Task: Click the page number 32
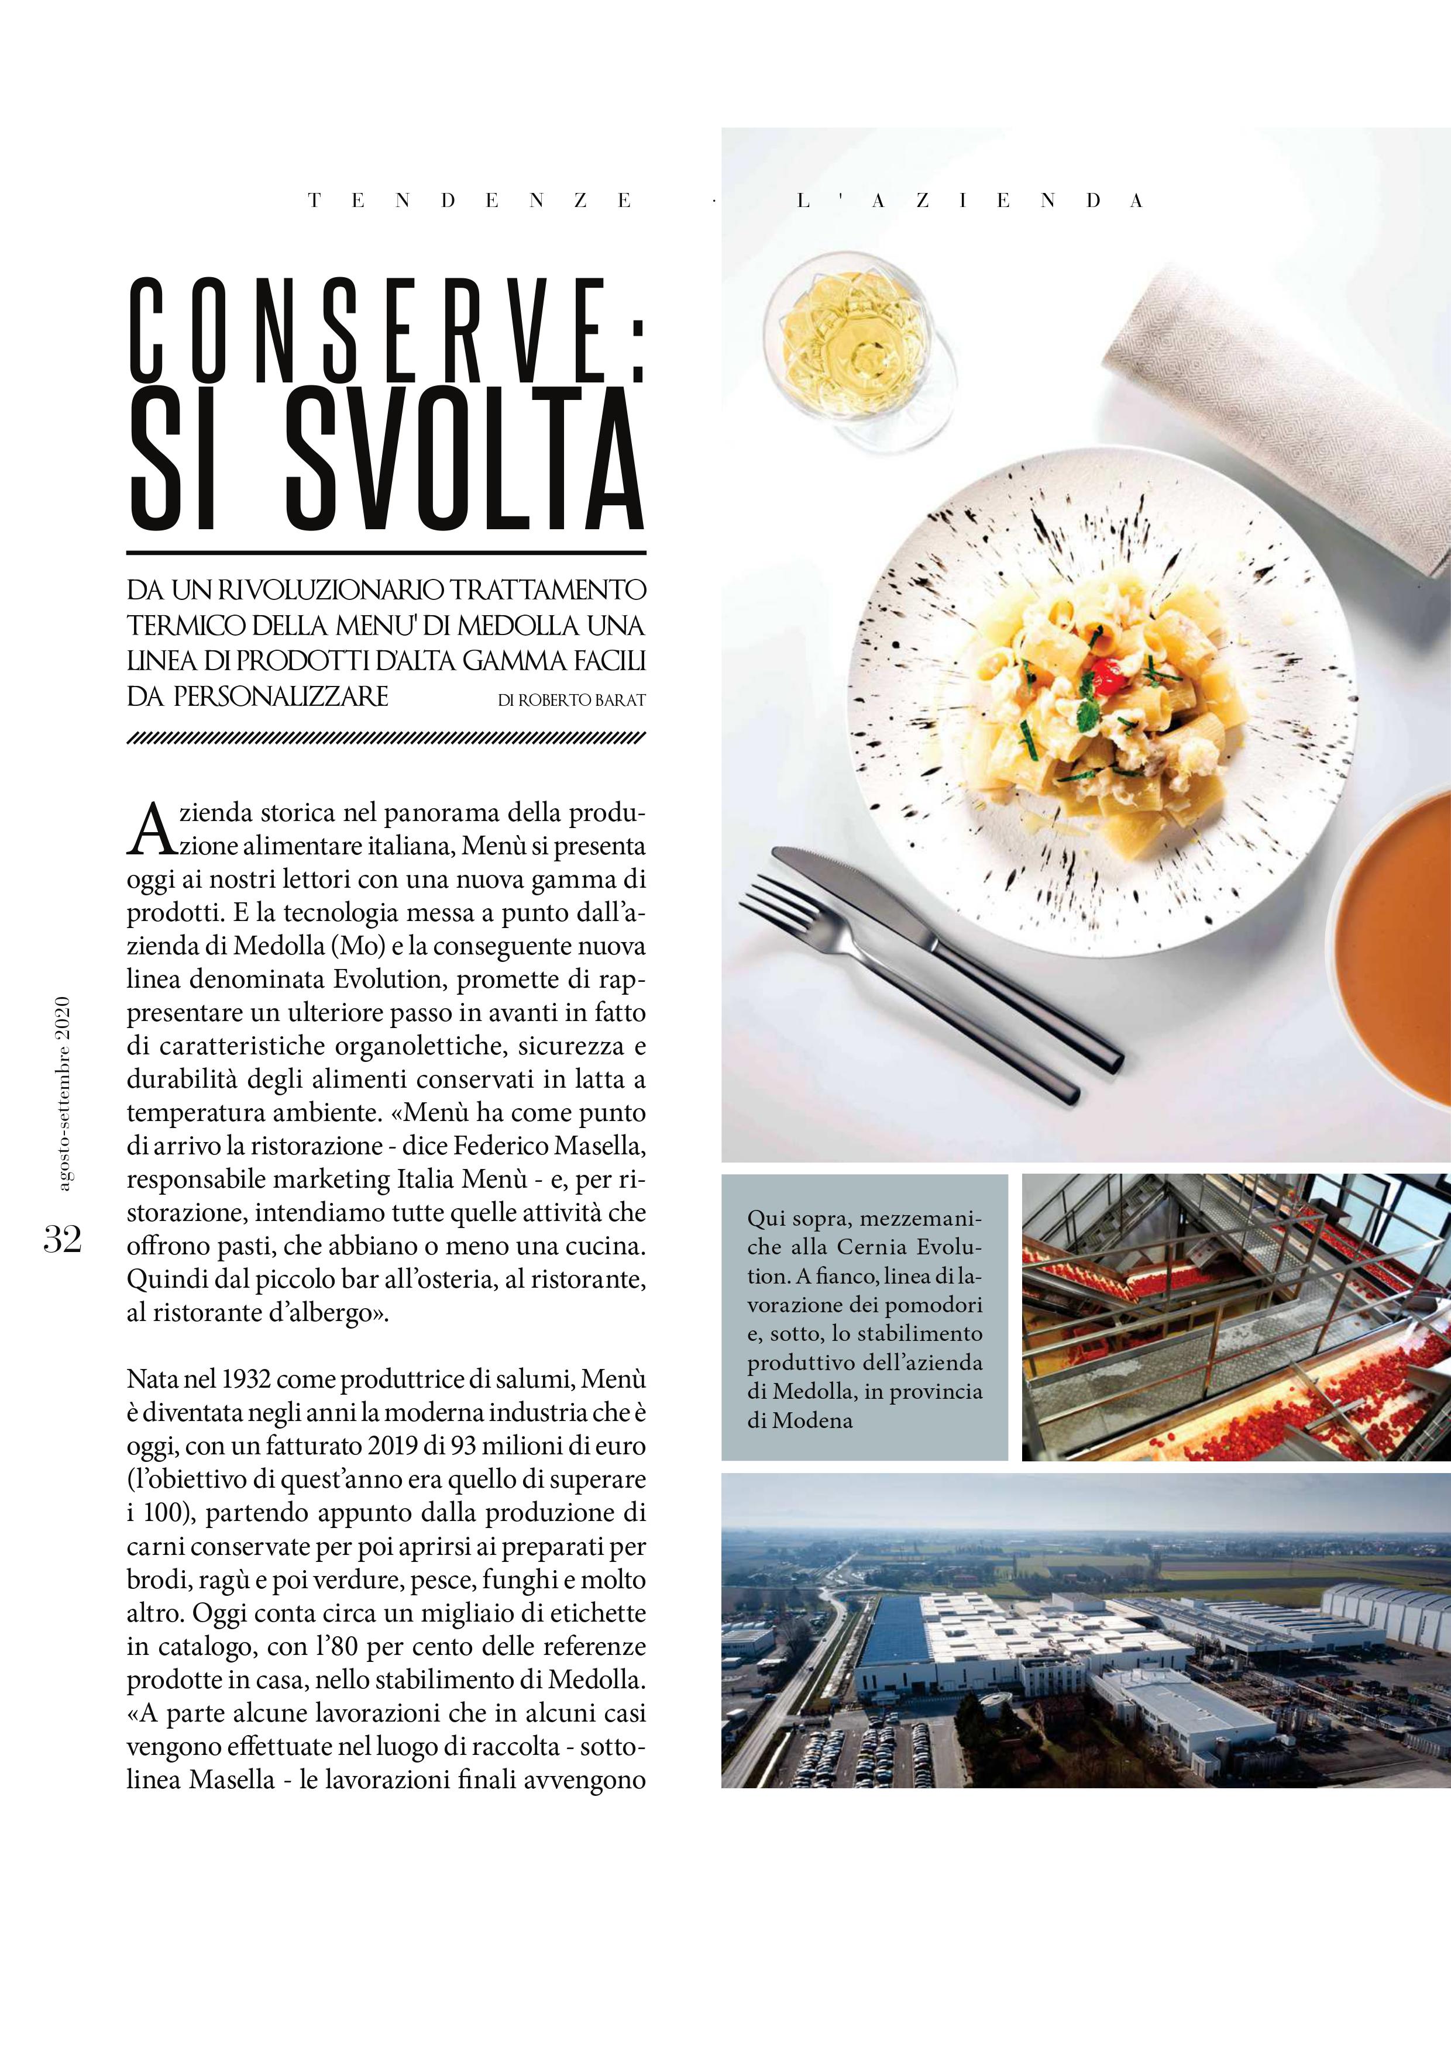point(63,1240)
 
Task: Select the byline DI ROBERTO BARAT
point(571,701)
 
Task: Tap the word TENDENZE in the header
point(470,201)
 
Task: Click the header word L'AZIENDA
point(970,201)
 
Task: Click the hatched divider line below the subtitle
point(386,738)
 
